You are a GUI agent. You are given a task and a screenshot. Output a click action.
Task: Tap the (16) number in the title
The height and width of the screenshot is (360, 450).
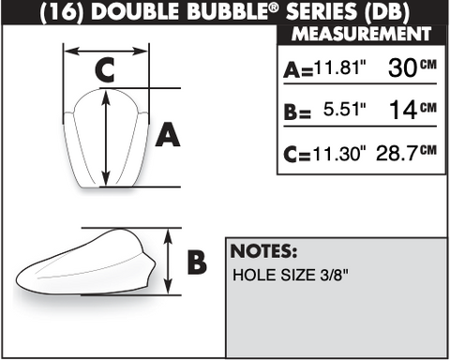(63, 13)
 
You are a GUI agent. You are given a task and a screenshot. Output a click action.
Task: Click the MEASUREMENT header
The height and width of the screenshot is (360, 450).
(362, 34)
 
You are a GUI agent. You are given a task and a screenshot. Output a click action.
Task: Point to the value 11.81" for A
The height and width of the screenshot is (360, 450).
(339, 67)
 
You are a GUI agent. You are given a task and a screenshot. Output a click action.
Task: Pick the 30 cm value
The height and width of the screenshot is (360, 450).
(412, 67)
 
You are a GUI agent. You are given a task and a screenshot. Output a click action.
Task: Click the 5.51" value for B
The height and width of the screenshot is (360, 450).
(344, 109)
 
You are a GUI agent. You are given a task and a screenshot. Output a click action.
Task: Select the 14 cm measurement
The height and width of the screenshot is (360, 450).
(412, 110)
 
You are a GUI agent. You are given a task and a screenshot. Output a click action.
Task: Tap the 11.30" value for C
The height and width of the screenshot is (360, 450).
(339, 153)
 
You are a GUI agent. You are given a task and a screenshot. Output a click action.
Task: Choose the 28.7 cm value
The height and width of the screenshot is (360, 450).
(406, 153)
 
